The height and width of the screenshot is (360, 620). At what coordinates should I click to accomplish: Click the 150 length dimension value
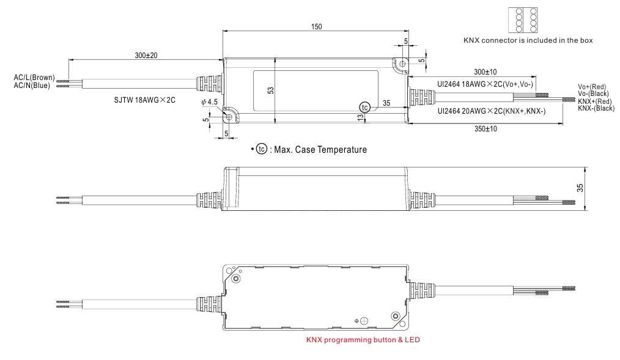pos(316,27)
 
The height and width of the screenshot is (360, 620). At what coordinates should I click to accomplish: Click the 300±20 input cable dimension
pos(146,55)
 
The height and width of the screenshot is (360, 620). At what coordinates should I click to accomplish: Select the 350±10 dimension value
pos(485,130)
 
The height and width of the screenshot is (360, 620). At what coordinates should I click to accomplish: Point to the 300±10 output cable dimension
pos(485,72)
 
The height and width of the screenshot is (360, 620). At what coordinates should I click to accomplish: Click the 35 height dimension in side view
pos(580,188)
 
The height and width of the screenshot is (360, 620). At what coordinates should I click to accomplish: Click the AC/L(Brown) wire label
pos(34,78)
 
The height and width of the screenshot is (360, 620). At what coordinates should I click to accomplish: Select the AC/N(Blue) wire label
pos(32,86)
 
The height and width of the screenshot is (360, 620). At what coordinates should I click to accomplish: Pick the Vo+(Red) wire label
pos(591,87)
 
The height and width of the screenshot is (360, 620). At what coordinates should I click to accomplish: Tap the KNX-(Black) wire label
pos(596,108)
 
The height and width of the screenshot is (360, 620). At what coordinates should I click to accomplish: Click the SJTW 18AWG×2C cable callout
pos(145,100)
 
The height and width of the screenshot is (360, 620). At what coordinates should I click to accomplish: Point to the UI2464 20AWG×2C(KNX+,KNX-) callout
pos(492,111)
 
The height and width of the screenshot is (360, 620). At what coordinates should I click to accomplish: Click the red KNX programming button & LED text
pos(363,340)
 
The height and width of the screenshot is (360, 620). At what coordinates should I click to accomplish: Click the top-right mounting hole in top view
pos(402,63)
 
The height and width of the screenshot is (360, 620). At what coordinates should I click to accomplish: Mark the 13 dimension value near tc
pos(361,117)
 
